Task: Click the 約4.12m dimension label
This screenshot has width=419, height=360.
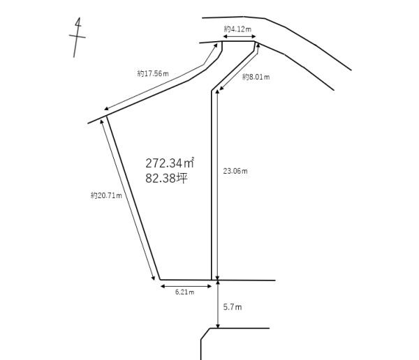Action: (237, 29)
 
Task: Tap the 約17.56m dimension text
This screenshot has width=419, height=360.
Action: (153, 73)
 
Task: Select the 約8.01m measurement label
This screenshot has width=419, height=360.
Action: (256, 77)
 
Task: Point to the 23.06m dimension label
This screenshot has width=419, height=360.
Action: (235, 171)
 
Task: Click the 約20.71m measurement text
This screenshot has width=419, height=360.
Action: (106, 196)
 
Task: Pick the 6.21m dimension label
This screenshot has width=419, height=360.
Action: (184, 292)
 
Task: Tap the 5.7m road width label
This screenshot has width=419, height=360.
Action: (233, 307)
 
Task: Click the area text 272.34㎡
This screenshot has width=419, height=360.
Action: (170, 163)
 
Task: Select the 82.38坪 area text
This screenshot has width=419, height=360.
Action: (166, 178)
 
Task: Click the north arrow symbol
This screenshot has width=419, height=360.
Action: (78, 37)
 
